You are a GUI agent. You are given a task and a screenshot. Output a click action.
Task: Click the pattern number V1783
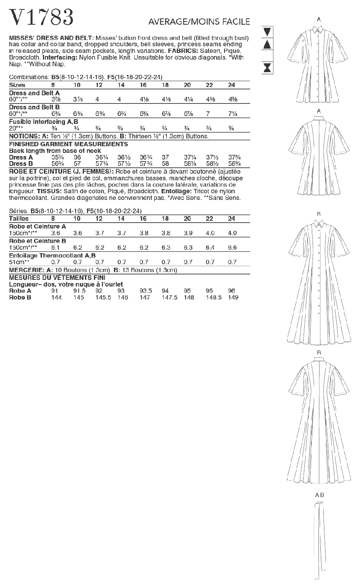click(x=41, y=17)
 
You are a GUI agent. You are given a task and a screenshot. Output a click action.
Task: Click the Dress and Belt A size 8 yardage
click(x=53, y=100)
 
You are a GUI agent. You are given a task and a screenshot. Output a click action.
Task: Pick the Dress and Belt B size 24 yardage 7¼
click(x=233, y=114)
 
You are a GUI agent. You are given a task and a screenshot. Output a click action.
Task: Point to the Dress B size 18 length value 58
click(x=165, y=164)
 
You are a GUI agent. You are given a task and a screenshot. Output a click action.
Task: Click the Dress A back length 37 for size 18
click(x=165, y=157)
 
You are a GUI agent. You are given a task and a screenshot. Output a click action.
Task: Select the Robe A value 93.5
click(x=146, y=291)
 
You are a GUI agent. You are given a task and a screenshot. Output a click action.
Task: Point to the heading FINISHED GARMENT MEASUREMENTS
click(x=69, y=144)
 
